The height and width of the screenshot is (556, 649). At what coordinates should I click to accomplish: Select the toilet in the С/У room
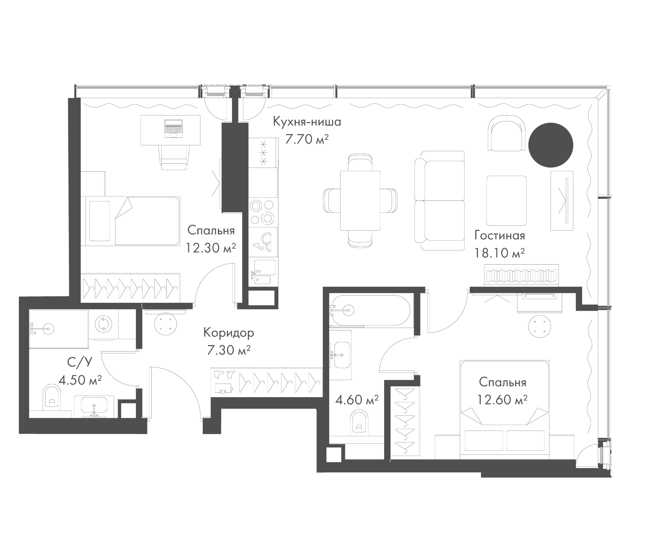(52, 397)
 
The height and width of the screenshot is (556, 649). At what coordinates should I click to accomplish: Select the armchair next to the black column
(506, 134)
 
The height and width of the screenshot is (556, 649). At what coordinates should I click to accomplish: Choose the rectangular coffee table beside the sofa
(506, 200)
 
